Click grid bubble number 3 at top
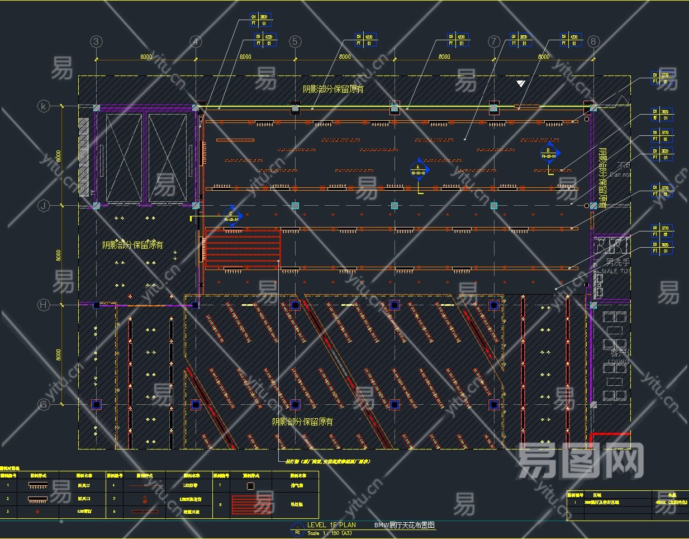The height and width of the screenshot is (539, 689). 97,41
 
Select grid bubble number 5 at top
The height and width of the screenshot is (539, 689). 295,41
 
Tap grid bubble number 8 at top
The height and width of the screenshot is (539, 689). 593,41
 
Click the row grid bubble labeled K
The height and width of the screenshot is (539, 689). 44,106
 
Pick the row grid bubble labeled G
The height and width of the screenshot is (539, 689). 44,404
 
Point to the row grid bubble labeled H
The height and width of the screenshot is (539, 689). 44,305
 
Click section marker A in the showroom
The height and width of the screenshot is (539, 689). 419,169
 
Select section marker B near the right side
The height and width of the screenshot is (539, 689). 549,153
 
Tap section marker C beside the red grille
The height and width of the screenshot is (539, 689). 231,216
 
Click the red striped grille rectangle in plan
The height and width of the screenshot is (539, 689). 243,248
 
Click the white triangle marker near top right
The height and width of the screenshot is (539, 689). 521,83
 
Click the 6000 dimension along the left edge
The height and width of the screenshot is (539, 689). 59,157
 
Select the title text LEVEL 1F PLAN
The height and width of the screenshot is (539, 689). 331,525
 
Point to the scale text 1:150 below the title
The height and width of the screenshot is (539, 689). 330,533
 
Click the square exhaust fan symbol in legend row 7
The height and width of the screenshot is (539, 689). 250,486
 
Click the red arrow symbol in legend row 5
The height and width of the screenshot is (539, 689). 145,499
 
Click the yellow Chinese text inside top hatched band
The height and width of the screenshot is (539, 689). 333,89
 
